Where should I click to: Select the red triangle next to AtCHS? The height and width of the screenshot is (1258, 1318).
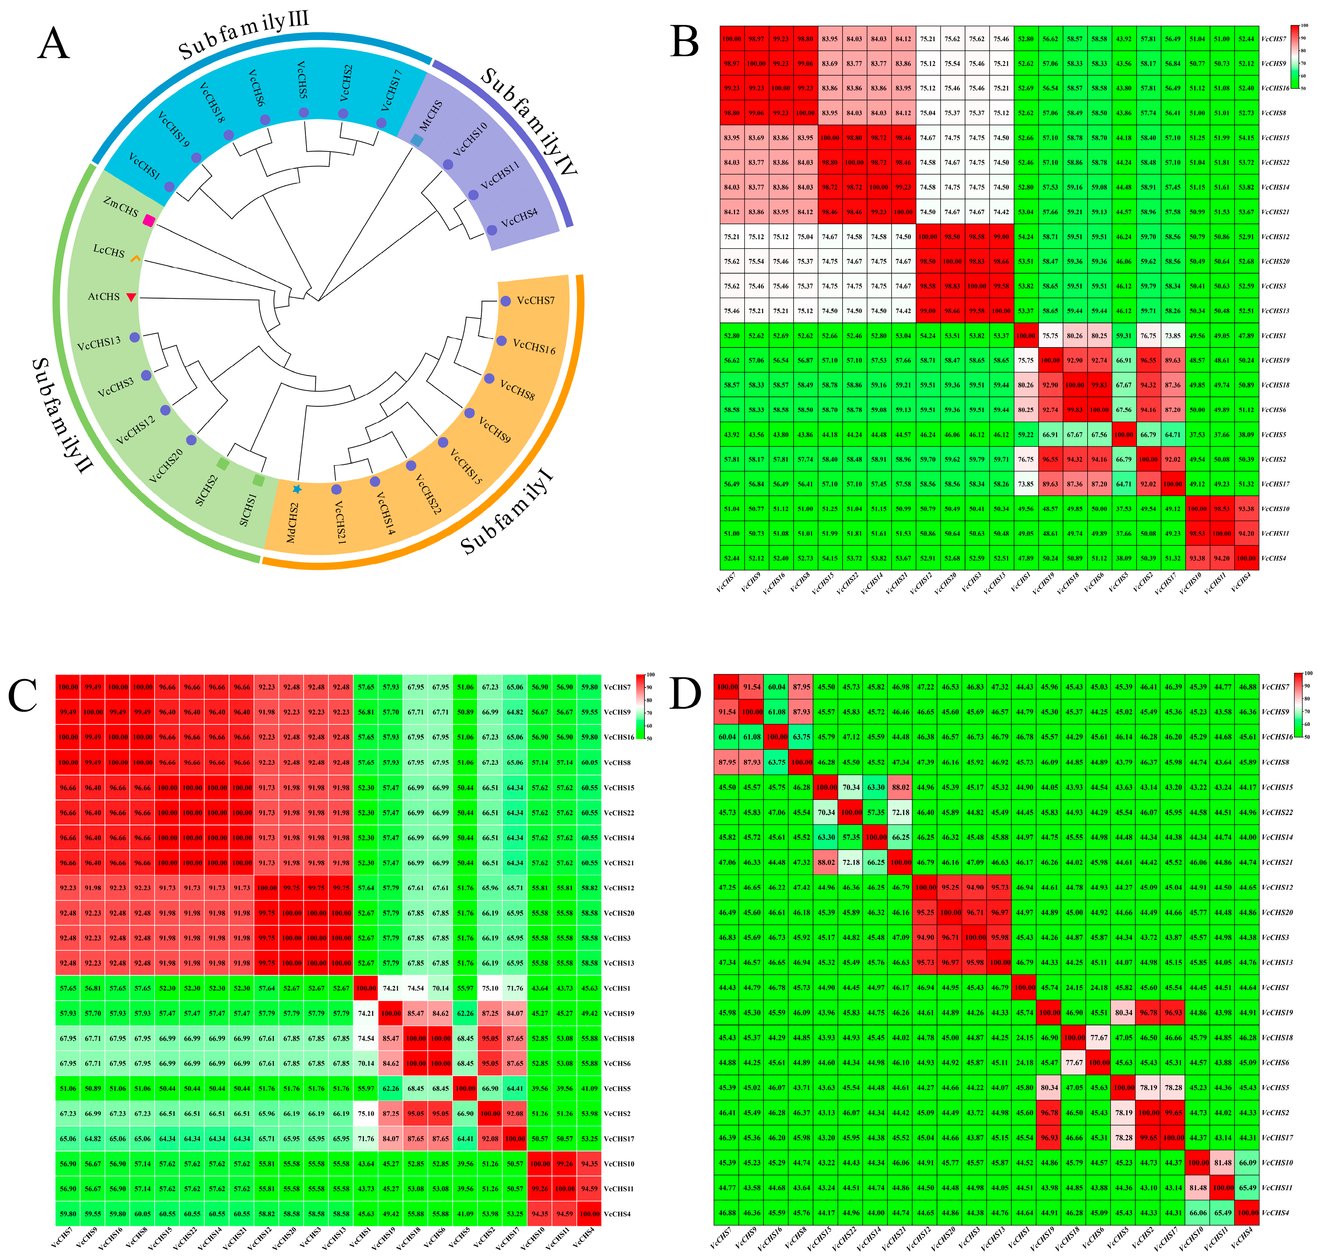[x=131, y=297]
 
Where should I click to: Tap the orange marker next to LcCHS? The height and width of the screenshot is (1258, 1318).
[x=136, y=258]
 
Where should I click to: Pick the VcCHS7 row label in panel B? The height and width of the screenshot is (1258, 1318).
[x=1274, y=39]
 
